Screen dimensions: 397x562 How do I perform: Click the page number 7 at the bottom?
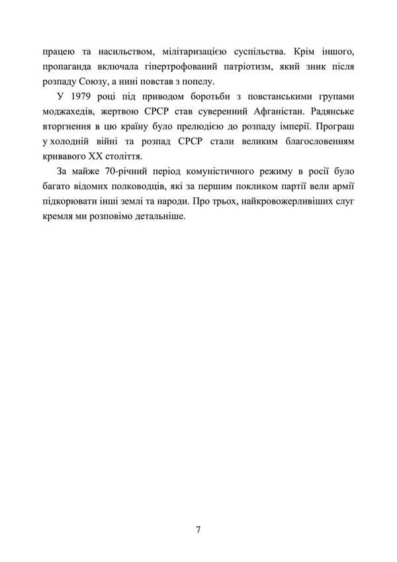coord(198,530)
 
